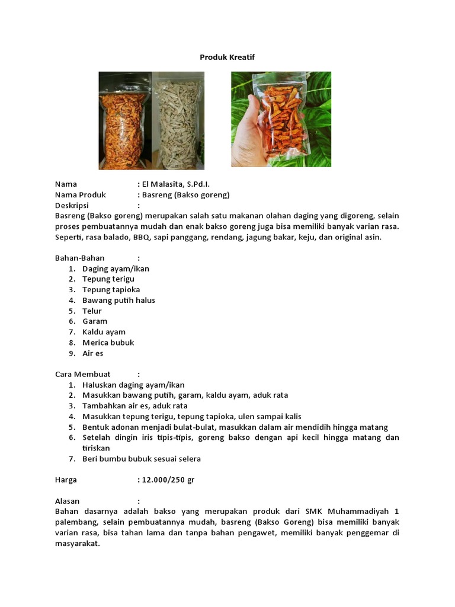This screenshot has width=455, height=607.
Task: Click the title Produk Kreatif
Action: click(x=227, y=57)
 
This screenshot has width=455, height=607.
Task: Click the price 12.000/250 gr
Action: click(x=168, y=480)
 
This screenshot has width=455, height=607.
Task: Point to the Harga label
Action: click(x=66, y=480)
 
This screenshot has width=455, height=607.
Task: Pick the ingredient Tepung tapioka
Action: click(x=111, y=290)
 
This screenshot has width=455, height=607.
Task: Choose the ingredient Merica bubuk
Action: click(x=108, y=343)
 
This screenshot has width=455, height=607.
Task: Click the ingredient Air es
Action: click(x=93, y=353)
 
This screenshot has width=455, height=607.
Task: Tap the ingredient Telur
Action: click(x=92, y=311)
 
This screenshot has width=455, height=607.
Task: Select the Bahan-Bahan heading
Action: click(x=80, y=258)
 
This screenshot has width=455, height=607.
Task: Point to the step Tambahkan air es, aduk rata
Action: click(x=135, y=406)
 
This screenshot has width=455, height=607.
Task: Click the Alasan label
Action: click(x=68, y=501)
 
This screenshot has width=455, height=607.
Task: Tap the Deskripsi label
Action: click(x=75, y=206)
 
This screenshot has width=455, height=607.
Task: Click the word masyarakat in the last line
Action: click(x=76, y=544)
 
